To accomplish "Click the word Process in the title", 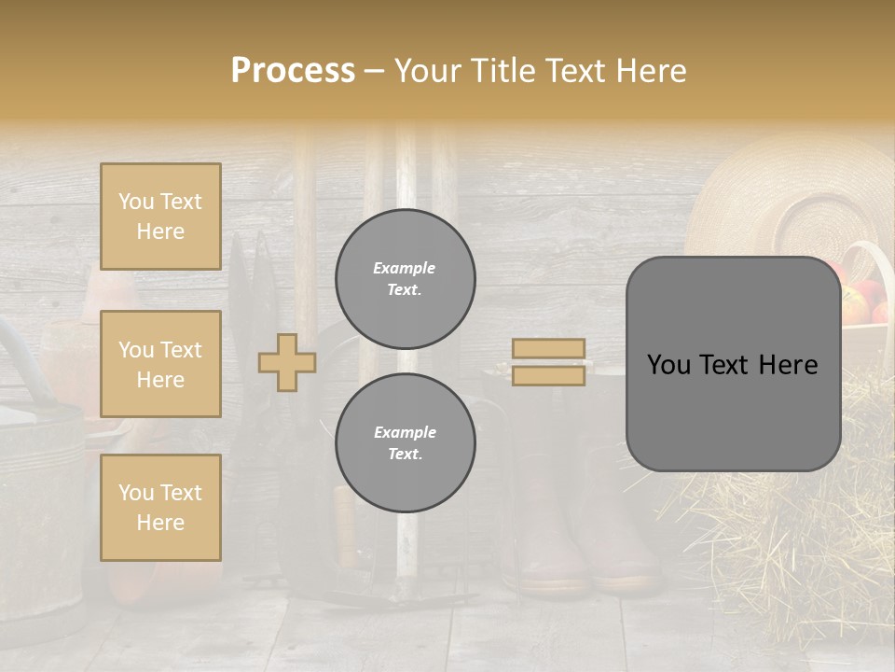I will (x=293, y=71).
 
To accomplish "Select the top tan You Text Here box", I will (x=160, y=217).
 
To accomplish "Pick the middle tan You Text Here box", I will (x=160, y=364).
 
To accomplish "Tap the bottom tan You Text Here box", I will (x=160, y=507).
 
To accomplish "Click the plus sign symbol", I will (x=287, y=362).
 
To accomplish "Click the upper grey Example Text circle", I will (x=406, y=279).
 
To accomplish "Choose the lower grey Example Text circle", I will (x=406, y=443).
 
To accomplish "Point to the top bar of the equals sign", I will (x=548, y=349).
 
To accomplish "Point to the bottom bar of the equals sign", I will (x=548, y=375).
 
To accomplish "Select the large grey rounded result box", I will (x=733, y=364).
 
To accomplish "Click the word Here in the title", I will (x=651, y=71).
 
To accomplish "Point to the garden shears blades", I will (x=250, y=280).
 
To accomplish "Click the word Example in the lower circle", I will (x=405, y=432).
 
